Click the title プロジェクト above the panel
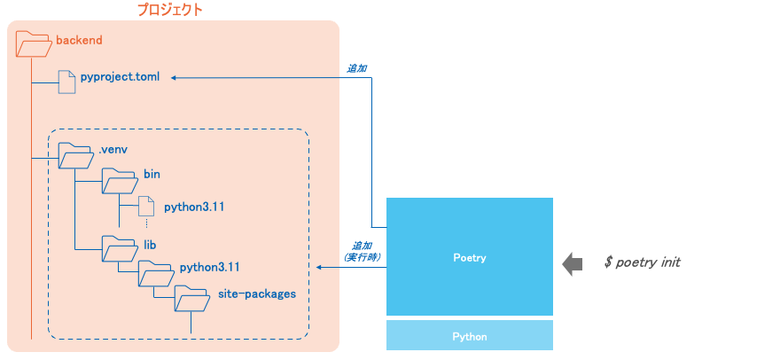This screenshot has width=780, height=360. point(169,11)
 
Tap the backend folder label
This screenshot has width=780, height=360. point(80,40)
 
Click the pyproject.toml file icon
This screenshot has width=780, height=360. point(67,82)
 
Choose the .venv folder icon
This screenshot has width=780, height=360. point(75,156)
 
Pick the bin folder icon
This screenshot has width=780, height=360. point(118,181)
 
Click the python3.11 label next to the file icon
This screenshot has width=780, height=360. point(194,207)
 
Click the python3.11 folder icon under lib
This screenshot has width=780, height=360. point(153,273)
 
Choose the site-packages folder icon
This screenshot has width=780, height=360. point(191,299)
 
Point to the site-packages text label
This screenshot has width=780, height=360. point(257,293)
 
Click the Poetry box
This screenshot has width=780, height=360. point(470,257)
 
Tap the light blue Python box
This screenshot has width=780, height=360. point(470,336)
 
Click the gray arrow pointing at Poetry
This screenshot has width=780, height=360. point(573,263)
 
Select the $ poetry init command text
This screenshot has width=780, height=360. point(642,263)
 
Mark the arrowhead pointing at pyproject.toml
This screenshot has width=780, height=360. point(175,78)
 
